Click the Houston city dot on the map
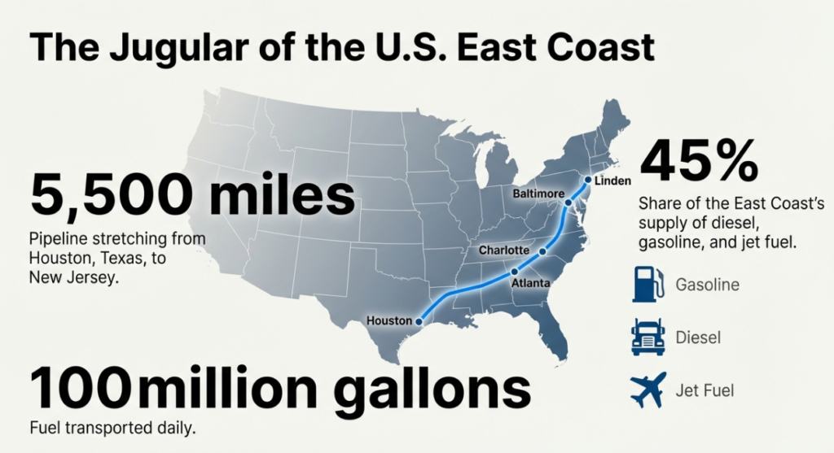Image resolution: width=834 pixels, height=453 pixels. [x=419, y=320]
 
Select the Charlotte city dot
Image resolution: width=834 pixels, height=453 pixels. [x=542, y=251]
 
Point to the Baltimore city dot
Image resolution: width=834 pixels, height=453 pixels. [x=568, y=202]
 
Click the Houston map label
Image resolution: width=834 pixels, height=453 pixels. [x=389, y=320]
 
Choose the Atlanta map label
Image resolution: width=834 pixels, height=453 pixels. [x=530, y=283]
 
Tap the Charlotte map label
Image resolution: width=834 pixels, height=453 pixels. [x=504, y=250]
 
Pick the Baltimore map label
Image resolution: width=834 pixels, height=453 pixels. [x=538, y=194]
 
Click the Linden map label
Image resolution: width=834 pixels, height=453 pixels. [x=613, y=180]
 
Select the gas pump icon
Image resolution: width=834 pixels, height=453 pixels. [x=648, y=285]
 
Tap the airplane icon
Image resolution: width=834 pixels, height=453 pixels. [x=648, y=390]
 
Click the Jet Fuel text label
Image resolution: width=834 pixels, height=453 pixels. [x=705, y=390]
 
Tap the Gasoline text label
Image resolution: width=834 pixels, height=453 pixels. [x=708, y=285]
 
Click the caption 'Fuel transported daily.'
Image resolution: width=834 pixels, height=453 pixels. [x=112, y=428]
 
